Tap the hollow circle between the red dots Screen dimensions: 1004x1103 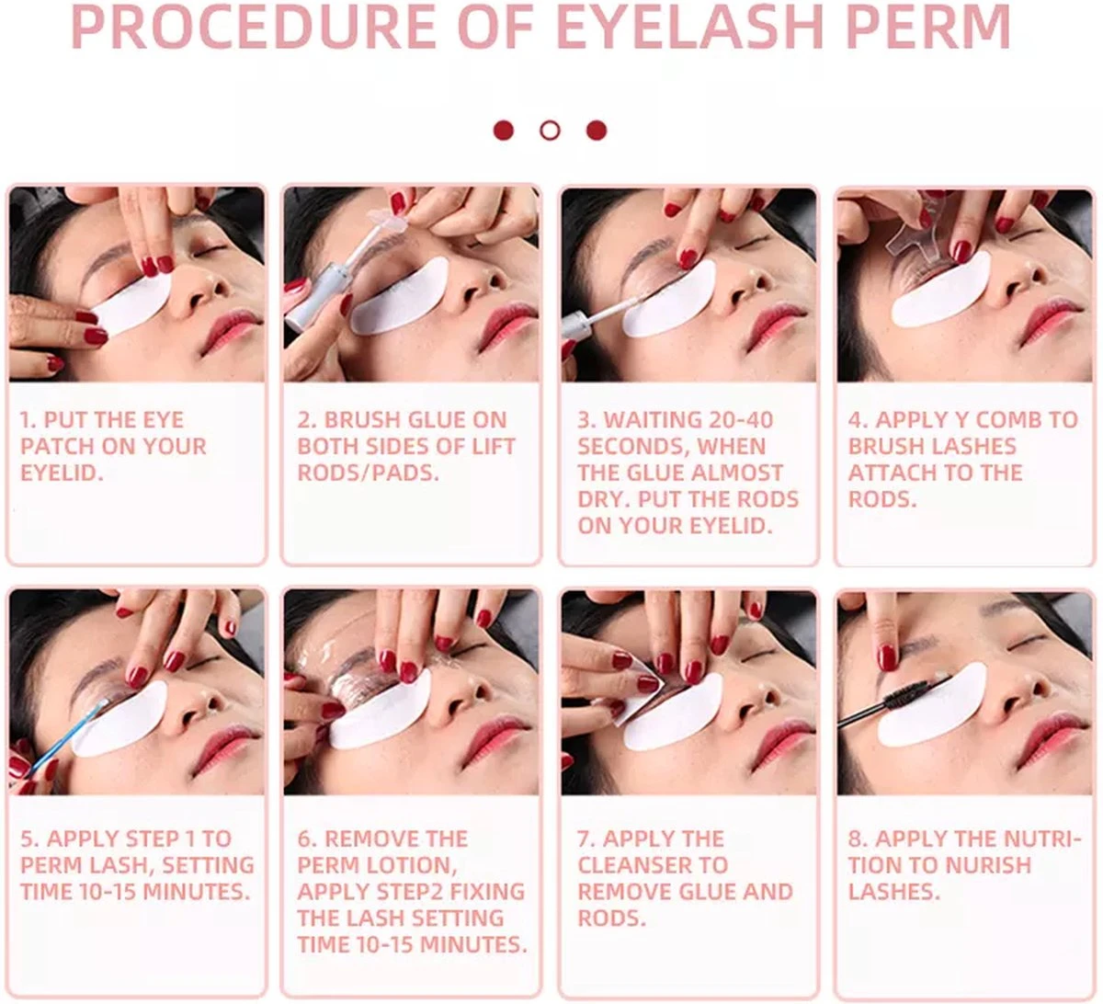coord(550,131)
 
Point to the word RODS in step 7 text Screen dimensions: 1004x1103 coord(611,918)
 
